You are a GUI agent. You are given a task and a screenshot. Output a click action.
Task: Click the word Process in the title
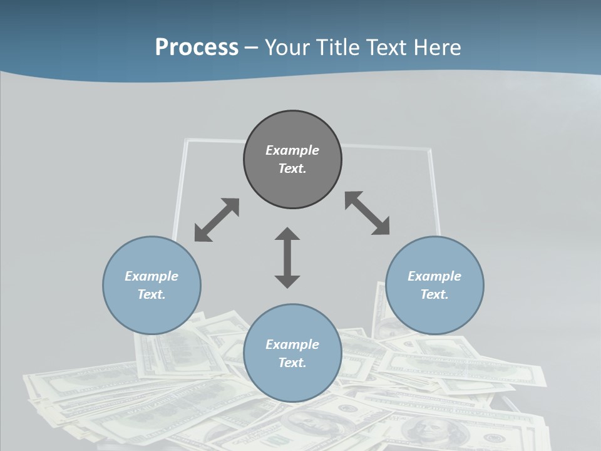pos(197,47)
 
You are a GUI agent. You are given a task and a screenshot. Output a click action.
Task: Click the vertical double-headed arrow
pos(287,257)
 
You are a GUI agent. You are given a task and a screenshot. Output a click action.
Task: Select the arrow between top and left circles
pos(217,219)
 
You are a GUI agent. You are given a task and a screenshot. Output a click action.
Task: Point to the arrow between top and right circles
pos(367,213)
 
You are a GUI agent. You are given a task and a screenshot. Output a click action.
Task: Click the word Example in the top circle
pos(292,150)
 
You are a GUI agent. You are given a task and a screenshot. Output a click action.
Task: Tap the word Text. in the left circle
pos(152,294)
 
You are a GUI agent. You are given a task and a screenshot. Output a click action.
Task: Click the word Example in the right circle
pos(434,276)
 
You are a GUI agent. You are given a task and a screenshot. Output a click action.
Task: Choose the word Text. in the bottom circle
pos(292,363)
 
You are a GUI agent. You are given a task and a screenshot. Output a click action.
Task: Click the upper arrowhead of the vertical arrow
pos(287,234)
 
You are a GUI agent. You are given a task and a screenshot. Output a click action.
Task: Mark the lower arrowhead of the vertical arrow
pos(287,281)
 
